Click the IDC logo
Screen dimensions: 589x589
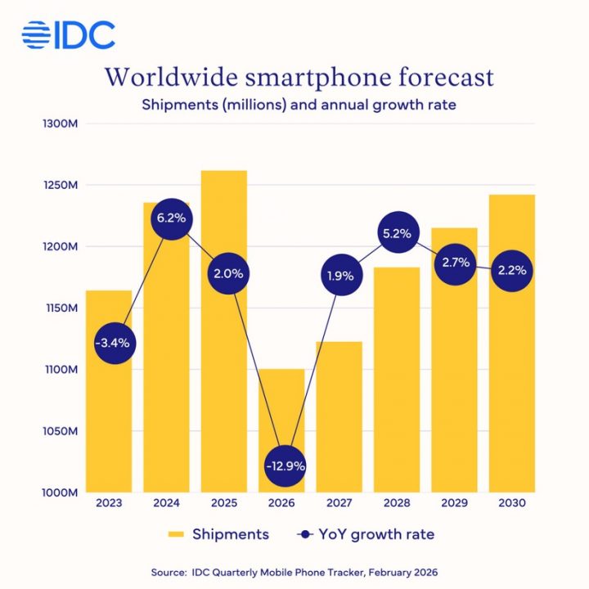(69, 34)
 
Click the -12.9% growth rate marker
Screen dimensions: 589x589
(285, 465)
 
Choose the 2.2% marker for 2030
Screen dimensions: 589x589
(510, 270)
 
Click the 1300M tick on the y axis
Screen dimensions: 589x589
(57, 124)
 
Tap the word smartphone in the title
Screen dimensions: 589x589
(308, 79)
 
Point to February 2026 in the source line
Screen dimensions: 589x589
(405, 572)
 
